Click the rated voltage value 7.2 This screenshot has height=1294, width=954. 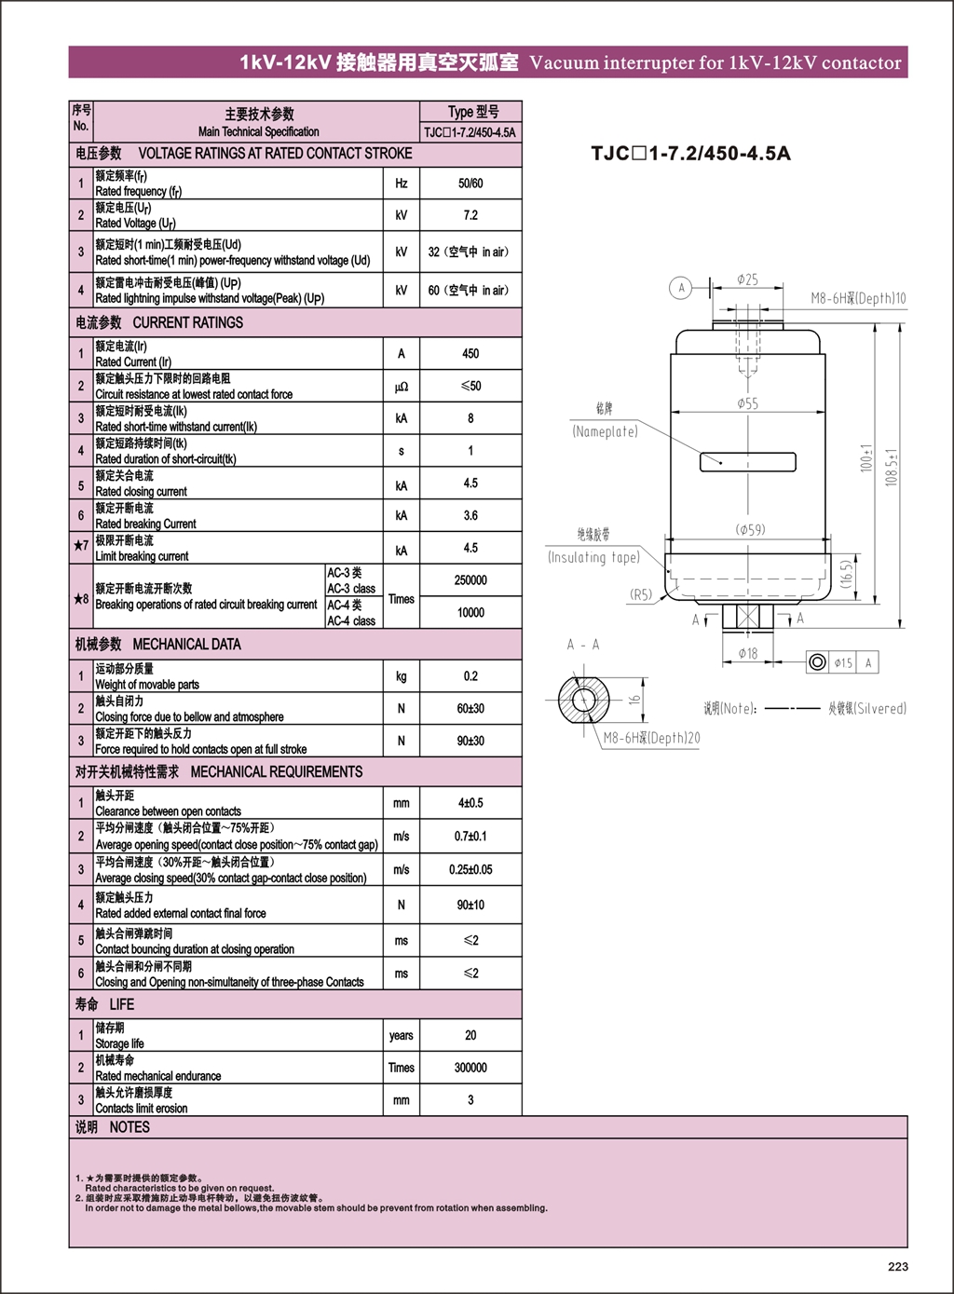pyautogui.click(x=470, y=215)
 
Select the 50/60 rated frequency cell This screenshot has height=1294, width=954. pyautogui.click(x=470, y=184)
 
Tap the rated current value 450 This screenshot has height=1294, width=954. pyautogui.click(x=470, y=353)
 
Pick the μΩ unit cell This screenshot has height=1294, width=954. pyautogui.click(x=401, y=387)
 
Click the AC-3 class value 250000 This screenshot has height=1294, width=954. pyautogui.click(x=470, y=580)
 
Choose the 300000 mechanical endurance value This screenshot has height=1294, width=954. pyautogui.click(x=470, y=1068)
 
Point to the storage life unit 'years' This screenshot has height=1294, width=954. pyautogui.click(x=401, y=1035)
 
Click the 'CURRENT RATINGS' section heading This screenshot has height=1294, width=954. pyautogui.click(x=188, y=322)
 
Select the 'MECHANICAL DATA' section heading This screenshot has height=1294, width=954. pyautogui.click(x=186, y=644)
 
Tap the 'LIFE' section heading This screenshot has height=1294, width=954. pyautogui.click(x=121, y=1004)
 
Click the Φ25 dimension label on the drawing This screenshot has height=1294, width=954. pyautogui.click(x=747, y=279)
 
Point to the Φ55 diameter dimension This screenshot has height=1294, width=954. pyautogui.click(x=747, y=403)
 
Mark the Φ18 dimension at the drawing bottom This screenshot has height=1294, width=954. pyautogui.click(x=748, y=653)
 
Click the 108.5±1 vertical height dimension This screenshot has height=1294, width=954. pyautogui.click(x=892, y=468)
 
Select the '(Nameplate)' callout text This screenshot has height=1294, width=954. pyautogui.click(x=605, y=431)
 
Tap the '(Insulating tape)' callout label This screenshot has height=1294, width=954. pyautogui.click(x=594, y=557)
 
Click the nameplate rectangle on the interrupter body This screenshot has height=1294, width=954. pyautogui.click(x=748, y=462)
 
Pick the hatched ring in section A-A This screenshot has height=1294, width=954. pyautogui.click(x=583, y=700)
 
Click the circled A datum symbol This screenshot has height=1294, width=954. pyautogui.click(x=681, y=288)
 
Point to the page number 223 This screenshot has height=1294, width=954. pyautogui.click(x=898, y=1267)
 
